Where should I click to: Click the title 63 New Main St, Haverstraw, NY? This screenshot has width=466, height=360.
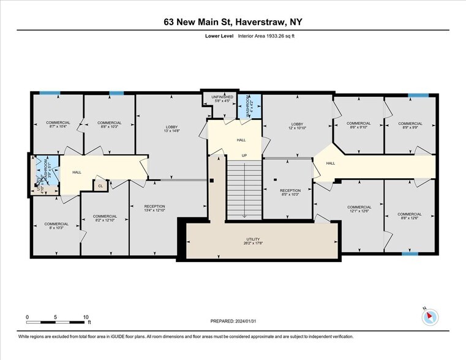point(233,21)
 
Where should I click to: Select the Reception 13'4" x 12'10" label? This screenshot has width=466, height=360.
point(154,208)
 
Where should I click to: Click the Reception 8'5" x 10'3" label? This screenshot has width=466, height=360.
point(290,193)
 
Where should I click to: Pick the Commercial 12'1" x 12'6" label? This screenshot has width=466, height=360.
point(359,209)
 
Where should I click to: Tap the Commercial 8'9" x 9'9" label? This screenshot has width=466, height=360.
point(410,126)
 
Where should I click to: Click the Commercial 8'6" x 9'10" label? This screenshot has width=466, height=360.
point(358,126)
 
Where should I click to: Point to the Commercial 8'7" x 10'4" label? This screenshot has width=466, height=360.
point(58,125)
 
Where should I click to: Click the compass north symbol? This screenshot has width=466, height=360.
point(430,317)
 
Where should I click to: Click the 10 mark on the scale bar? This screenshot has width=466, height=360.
point(86,317)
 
